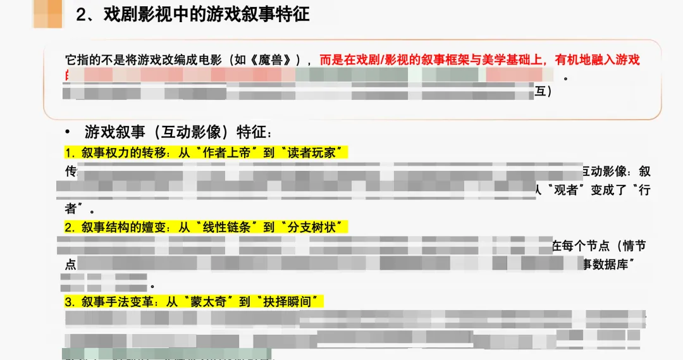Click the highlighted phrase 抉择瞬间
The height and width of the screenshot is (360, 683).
point(291,301)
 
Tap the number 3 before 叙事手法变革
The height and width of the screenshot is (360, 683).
point(69,301)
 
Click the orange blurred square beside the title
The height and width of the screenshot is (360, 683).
point(48,13)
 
